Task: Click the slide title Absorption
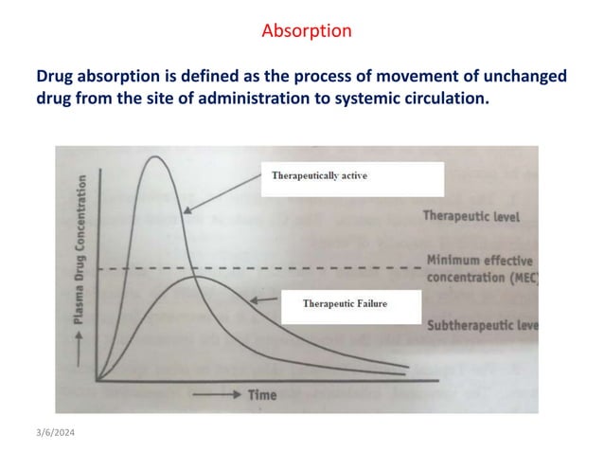(x=306, y=30)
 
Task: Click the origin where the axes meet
(x=97, y=380)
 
